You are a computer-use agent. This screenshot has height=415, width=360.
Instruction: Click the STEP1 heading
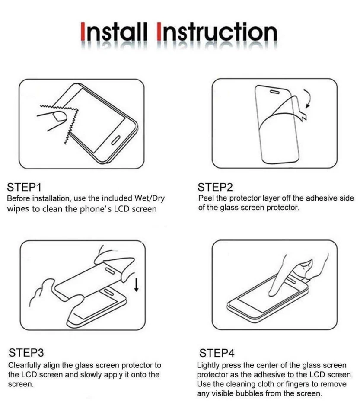pyautogui.click(x=24, y=187)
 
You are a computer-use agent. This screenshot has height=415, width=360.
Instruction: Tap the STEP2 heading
pyautogui.click(x=215, y=187)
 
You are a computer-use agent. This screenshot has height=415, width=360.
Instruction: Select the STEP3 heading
pyautogui.click(x=26, y=353)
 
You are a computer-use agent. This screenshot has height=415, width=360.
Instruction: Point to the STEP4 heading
pyautogui.click(x=217, y=353)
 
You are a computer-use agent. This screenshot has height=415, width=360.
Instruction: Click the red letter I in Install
pyautogui.click(x=83, y=32)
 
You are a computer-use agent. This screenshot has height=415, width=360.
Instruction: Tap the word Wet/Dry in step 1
pyautogui.click(x=150, y=198)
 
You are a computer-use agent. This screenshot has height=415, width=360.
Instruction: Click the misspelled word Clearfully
pyautogui.click(x=24, y=365)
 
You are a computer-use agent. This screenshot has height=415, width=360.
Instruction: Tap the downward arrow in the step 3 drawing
pyautogui.click(x=136, y=284)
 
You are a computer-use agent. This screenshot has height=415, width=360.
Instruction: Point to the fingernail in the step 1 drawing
pyautogui.click(x=59, y=116)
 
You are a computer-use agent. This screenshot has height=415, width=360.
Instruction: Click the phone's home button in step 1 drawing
pyautogui.click(x=116, y=140)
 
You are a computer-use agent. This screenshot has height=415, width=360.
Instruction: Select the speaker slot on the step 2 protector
pyautogui.click(x=275, y=92)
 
